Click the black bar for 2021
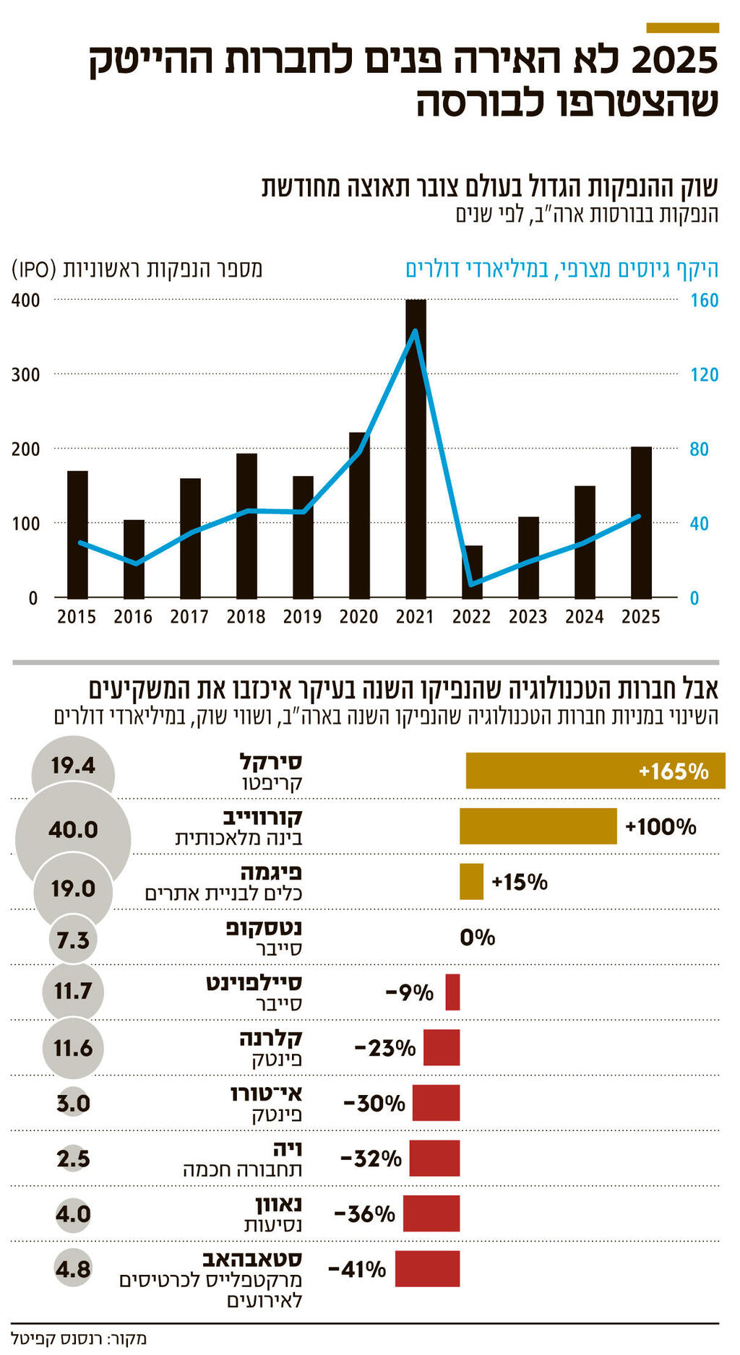point(416,449)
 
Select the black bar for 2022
point(472,571)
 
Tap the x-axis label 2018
point(246,617)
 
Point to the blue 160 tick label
point(704,300)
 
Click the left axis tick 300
point(26,375)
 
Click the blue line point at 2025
point(638,516)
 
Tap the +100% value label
point(661,826)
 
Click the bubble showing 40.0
point(73,830)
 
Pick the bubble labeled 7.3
point(73,940)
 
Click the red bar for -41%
point(427,1269)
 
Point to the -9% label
point(410,992)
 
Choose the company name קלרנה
point(271,1039)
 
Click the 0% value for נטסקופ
point(478,938)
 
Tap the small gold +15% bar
point(471,882)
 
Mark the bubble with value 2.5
point(73,1159)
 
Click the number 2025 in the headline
point(675,61)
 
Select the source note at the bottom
point(79,1338)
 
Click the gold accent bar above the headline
point(682,28)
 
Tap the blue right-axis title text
point(562,269)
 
